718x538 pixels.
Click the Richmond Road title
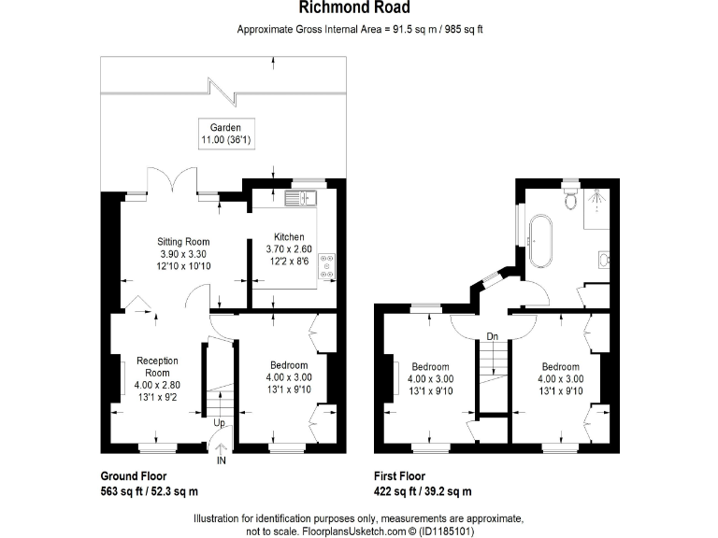[x=359, y=8]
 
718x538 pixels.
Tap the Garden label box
[x=225, y=134]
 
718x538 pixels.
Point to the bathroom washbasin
[x=603, y=259]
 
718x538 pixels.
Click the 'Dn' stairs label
[x=492, y=336]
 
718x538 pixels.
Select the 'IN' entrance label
[x=221, y=461]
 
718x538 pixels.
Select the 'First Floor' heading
[x=404, y=475]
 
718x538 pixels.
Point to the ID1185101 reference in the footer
[x=444, y=531]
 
